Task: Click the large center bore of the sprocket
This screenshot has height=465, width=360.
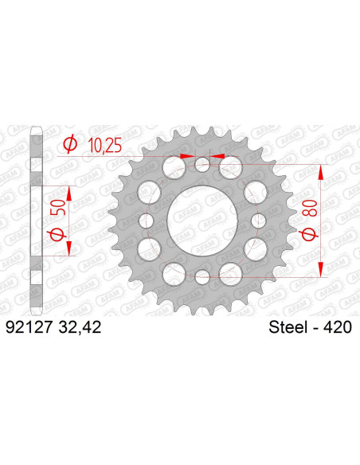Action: click(202, 221)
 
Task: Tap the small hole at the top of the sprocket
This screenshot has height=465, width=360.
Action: click(202, 165)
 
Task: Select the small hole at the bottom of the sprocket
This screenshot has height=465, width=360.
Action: click(202, 276)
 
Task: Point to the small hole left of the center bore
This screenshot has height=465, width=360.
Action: click(147, 221)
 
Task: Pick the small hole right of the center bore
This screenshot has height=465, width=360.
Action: click(258, 221)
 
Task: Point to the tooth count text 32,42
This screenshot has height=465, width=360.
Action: click(78, 327)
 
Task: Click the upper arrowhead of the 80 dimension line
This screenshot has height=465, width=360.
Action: click(322, 170)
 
